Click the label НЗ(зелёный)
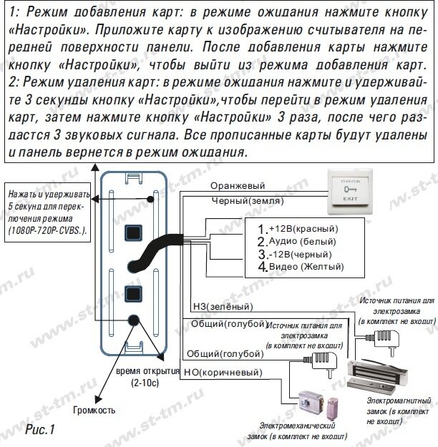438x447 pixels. coord(217,307)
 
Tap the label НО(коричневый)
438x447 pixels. coord(222,373)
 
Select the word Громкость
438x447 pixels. coord(93,411)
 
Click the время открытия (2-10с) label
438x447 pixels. coord(147,378)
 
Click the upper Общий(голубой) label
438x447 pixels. coord(223,324)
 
